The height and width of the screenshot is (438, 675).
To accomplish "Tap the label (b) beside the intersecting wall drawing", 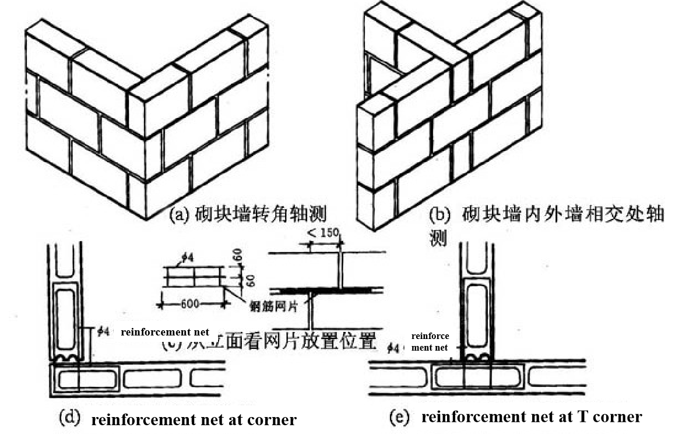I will pos(440,214).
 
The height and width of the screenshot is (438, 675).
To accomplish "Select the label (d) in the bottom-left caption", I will pos(72,418).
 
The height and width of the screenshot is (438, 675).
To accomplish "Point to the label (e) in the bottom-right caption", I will pos(401,416).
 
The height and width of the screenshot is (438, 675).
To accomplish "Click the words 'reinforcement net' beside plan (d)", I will pos(165,332).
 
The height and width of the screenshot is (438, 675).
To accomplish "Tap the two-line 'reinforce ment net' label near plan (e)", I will pos(430,342).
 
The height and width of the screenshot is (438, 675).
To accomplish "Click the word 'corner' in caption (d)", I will pos(274,419).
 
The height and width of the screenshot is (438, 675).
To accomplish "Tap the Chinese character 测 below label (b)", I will pos(438,239).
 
